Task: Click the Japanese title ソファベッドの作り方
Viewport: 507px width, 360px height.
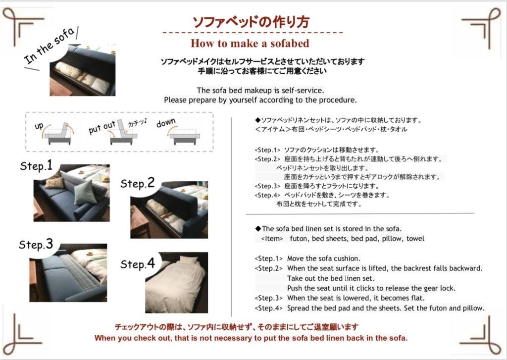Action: pyautogui.click(x=251, y=22)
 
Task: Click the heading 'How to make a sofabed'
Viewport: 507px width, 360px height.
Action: pyautogui.click(x=250, y=43)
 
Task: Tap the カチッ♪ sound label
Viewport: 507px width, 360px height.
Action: pyautogui.click(x=137, y=123)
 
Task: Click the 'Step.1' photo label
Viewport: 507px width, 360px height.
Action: pyautogui.click(x=36, y=165)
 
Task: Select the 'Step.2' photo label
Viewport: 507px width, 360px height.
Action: pyautogui.click(x=138, y=183)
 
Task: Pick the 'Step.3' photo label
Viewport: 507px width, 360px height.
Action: pyautogui.click(x=36, y=245)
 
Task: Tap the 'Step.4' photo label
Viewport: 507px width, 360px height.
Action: pyautogui.click(x=138, y=264)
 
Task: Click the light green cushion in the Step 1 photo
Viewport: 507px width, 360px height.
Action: pyautogui.click(x=85, y=192)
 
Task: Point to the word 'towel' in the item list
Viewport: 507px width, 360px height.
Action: pyautogui.click(x=415, y=239)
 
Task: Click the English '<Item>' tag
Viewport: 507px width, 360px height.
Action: pyautogui.click(x=272, y=239)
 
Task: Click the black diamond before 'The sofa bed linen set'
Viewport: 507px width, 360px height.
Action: pyautogui.click(x=257, y=229)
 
